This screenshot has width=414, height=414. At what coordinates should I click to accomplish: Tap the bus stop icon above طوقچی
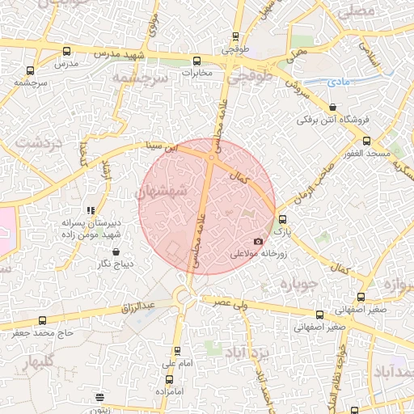[235, 36]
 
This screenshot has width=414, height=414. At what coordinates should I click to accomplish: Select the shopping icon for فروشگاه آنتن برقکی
[332, 108]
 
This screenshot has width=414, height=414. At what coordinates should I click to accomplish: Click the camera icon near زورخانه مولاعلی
[258, 241]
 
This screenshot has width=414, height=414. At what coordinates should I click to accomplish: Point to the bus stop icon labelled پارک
[281, 219]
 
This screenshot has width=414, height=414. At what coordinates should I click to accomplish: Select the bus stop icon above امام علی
[178, 352]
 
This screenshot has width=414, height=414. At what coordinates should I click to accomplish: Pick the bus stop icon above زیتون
[100, 397]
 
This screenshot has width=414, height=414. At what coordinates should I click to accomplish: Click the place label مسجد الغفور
[365, 153]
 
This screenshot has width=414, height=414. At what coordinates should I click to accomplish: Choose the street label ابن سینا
[159, 148]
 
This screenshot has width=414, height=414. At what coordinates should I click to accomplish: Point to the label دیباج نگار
[114, 264]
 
